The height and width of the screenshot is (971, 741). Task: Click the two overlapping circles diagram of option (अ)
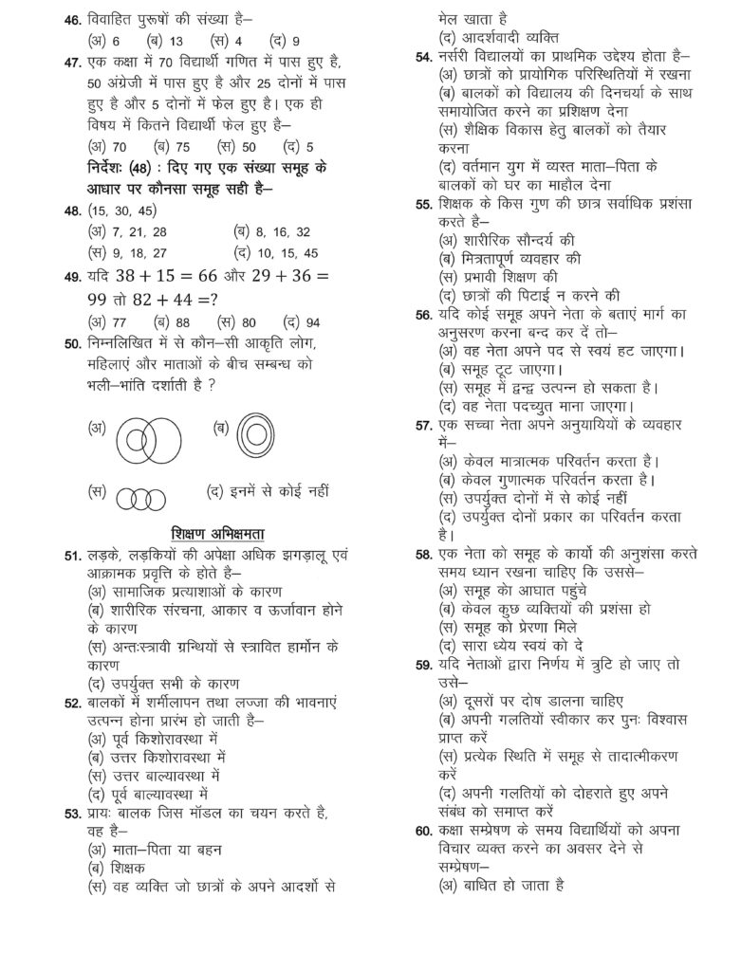[x=148, y=441]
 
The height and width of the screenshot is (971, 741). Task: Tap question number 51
[x=72, y=556]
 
